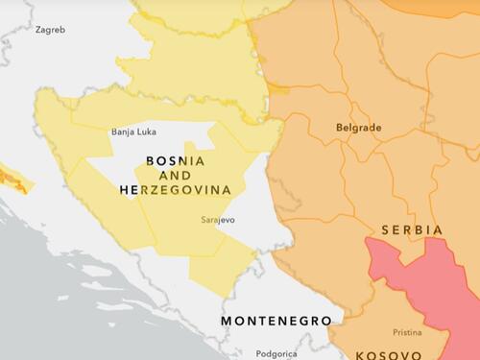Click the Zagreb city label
[50, 30]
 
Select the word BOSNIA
[175, 160]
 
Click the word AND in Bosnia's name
[175, 176]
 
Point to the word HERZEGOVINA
[175, 190]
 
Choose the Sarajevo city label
[218, 220]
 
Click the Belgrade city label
[358, 127]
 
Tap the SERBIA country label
[412, 230]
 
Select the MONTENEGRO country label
[276, 321]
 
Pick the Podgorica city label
[276, 353]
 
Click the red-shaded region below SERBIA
[422, 278]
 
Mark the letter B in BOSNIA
[150, 160]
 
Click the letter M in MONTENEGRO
[227, 321]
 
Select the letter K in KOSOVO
[360, 354]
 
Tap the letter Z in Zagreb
[38, 30]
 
